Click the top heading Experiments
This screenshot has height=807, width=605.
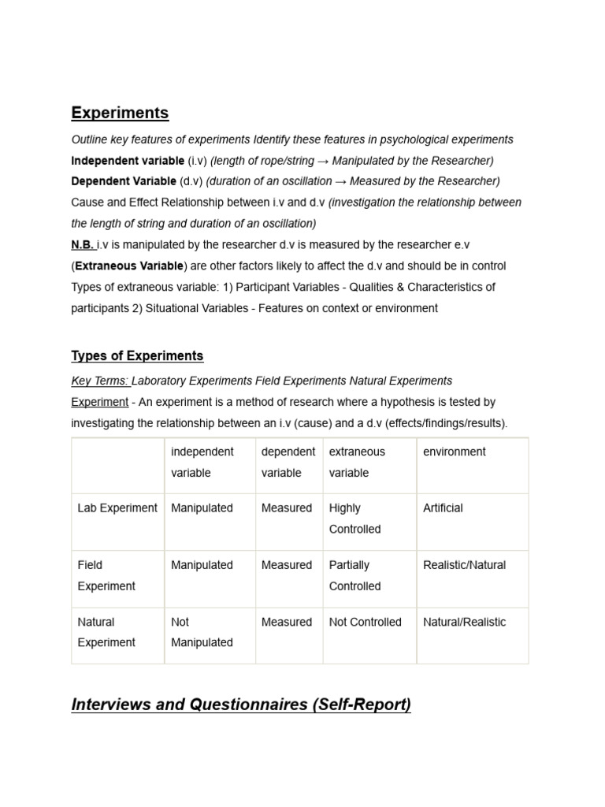coord(120,113)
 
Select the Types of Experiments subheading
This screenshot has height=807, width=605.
coord(137,355)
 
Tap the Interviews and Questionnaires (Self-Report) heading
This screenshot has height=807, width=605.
coord(241,705)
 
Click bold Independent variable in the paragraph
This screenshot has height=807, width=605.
coord(128,161)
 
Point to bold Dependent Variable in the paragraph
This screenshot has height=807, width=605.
coord(124,181)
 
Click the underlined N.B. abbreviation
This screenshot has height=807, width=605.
coord(82,245)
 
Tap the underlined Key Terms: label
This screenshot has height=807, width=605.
coord(99,381)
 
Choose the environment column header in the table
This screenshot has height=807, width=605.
coord(455,452)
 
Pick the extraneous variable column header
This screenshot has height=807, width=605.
coord(357,462)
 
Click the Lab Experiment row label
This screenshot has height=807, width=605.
coord(117,508)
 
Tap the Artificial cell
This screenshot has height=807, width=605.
coord(443,508)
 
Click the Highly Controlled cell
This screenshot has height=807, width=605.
coord(354,519)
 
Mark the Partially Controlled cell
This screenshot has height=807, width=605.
coord(354,575)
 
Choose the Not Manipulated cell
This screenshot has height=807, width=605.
coord(202,632)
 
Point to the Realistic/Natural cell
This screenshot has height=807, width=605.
coord(464,565)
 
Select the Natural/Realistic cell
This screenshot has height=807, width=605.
coord(464,622)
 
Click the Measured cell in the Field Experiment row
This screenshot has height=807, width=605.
coord(287,565)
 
